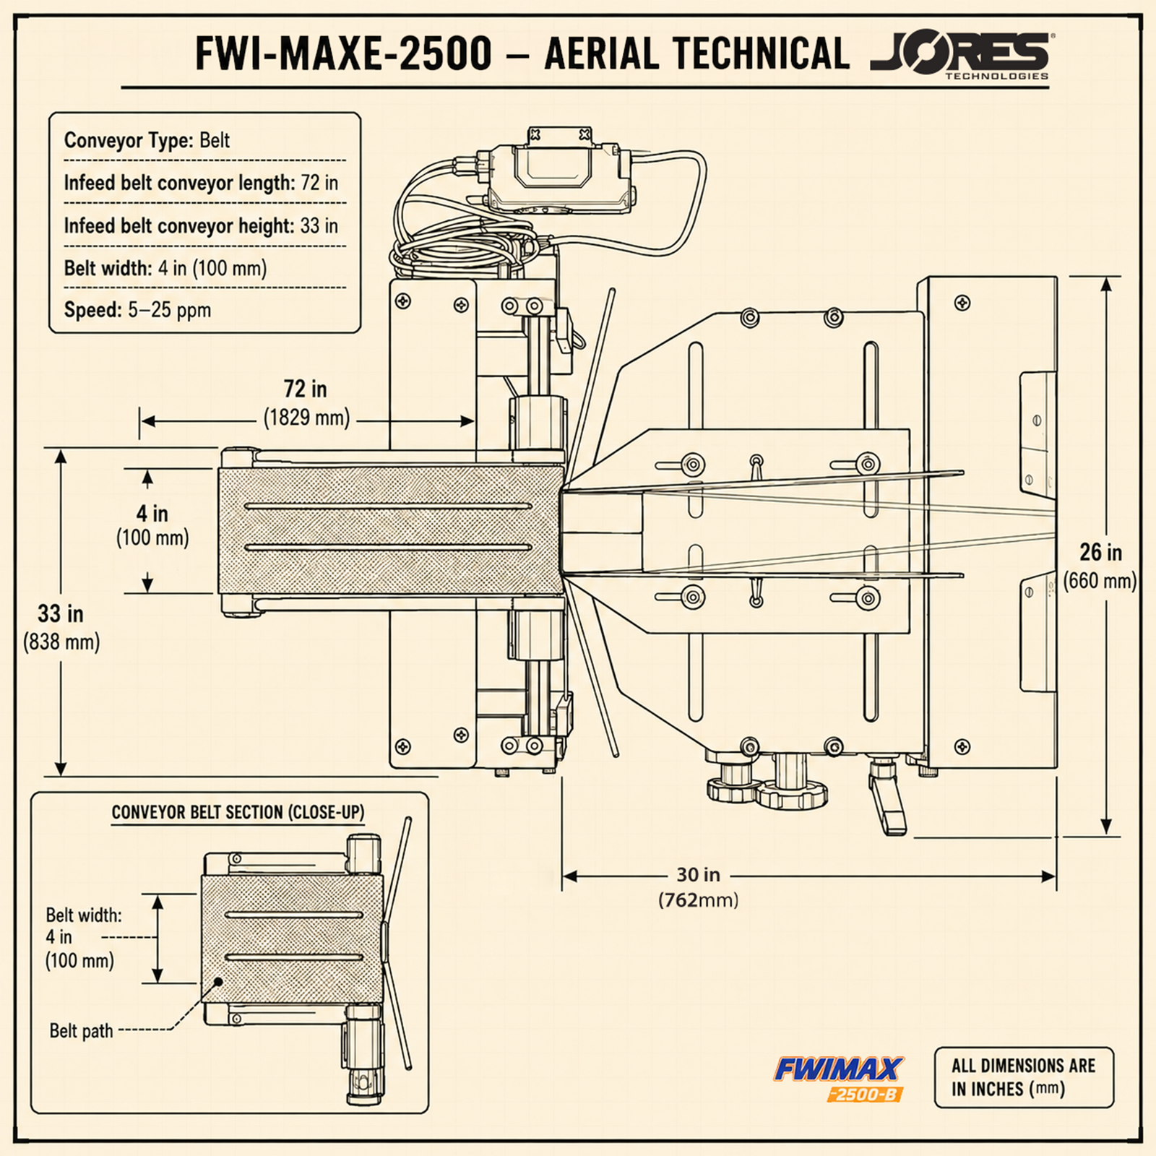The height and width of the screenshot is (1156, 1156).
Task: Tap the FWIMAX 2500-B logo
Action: coord(839,1079)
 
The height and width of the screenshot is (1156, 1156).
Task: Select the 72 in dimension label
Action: coord(305,389)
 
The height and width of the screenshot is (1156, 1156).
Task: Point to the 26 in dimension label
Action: coord(1100,553)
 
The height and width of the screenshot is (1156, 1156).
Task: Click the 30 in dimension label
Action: coord(698,874)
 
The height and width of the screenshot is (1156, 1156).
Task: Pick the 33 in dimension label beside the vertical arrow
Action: coord(61,614)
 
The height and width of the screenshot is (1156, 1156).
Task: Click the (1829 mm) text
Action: coord(306,418)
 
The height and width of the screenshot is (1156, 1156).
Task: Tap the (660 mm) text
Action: coord(1100,581)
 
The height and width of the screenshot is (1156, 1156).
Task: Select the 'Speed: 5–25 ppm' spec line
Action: coord(137,310)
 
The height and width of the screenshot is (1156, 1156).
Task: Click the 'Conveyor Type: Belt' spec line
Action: coord(147,139)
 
